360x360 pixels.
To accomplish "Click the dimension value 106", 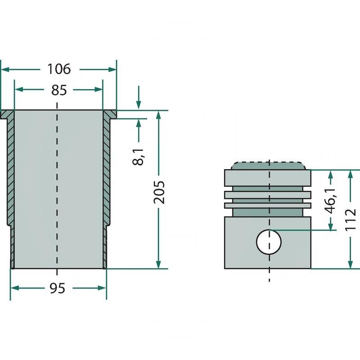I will pyautogui.click(x=59, y=69).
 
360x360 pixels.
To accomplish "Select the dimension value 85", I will pyautogui.click(x=59, y=90).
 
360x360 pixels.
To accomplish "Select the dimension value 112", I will pyautogui.click(x=351, y=219).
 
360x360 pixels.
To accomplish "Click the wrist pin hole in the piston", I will pyautogui.click(x=269, y=242).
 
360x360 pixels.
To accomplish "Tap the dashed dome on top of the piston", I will pyautogui.click(x=268, y=165).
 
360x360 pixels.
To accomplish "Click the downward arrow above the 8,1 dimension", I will pyautogui.click(x=139, y=102).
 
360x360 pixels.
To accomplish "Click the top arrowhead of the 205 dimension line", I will pyautogui.click(x=158, y=115).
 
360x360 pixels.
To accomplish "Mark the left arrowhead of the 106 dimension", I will pyautogui.click(x=5, y=69).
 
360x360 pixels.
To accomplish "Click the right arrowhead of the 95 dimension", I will pyautogui.click(x=102, y=288).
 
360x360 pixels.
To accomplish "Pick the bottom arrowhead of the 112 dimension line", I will pyautogui.click(x=351, y=264).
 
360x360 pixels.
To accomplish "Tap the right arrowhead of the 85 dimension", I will pyautogui.click(x=99, y=90).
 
